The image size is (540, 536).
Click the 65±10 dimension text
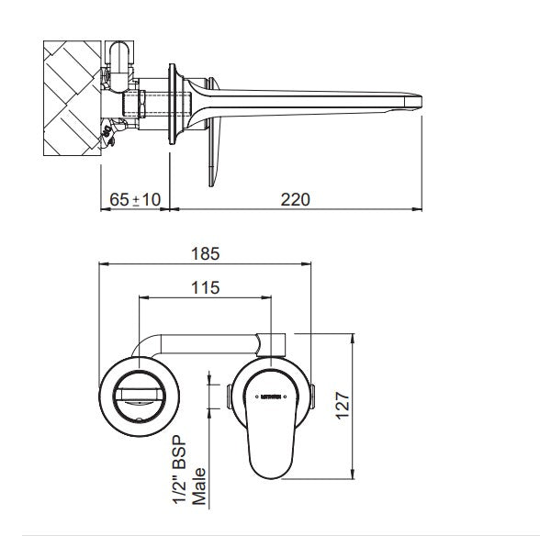click(x=134, y=199)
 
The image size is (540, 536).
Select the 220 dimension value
click(x=295, y=199)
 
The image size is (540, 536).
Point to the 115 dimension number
click(x=205, y=288)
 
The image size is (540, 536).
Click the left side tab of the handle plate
click(x=229, y=396)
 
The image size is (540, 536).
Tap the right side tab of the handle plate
click(x=315, y=396)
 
